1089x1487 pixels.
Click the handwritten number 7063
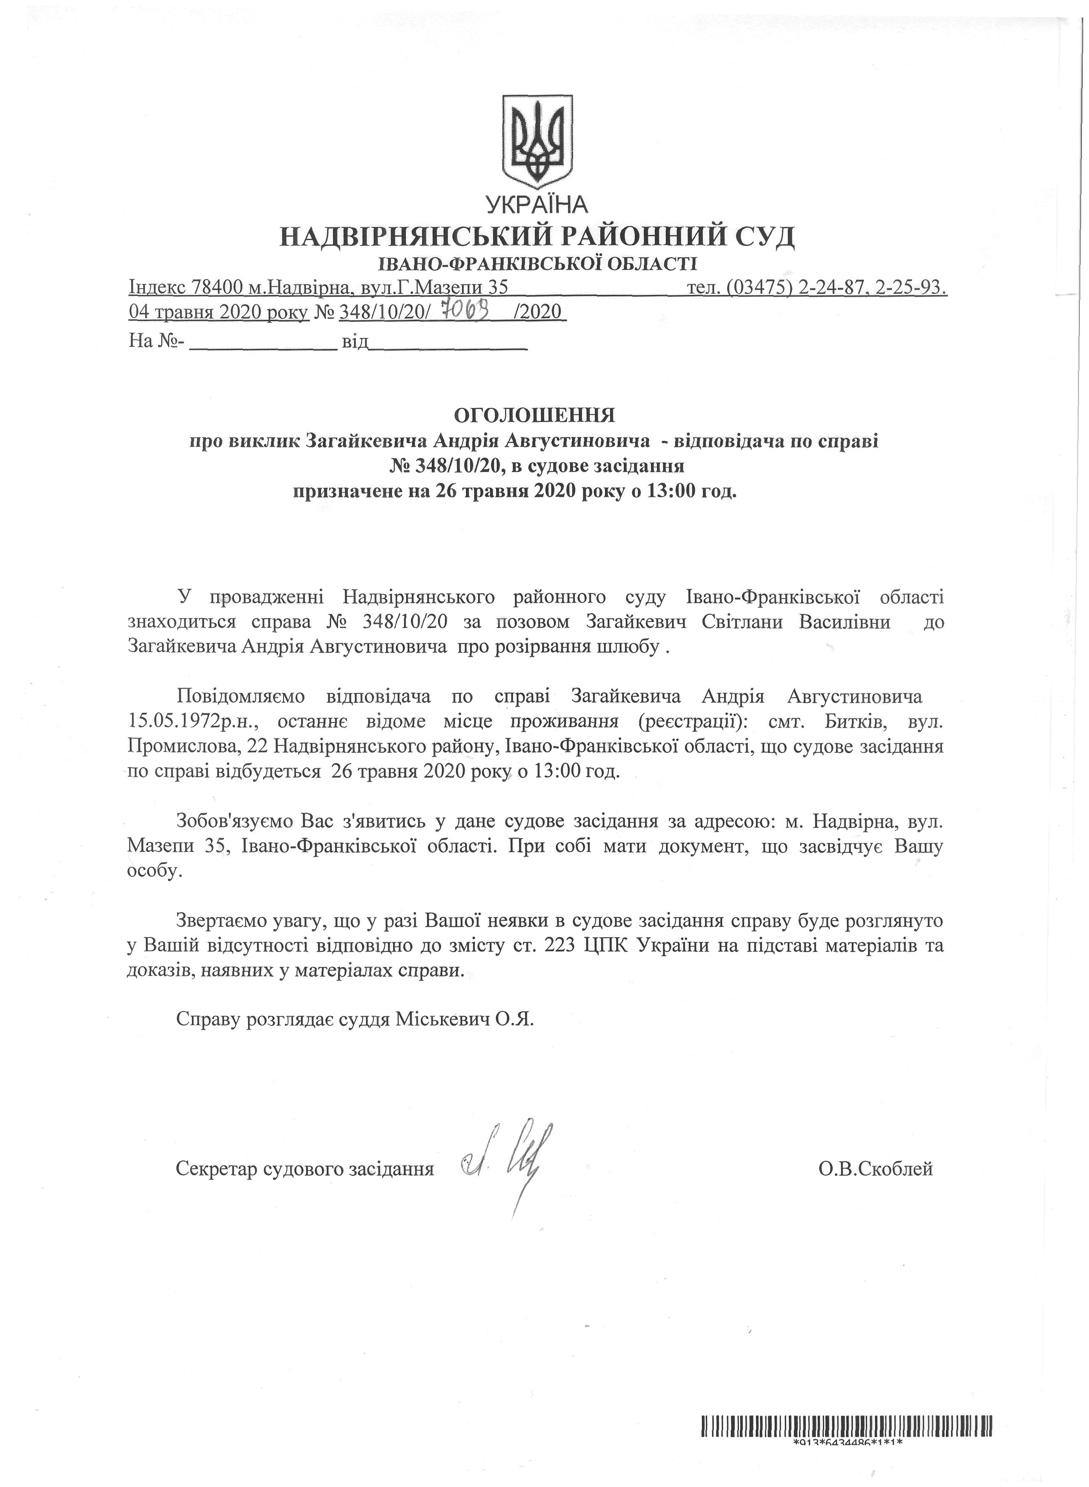[466, 309]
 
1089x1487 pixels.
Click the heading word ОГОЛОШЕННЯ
[534, 415]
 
